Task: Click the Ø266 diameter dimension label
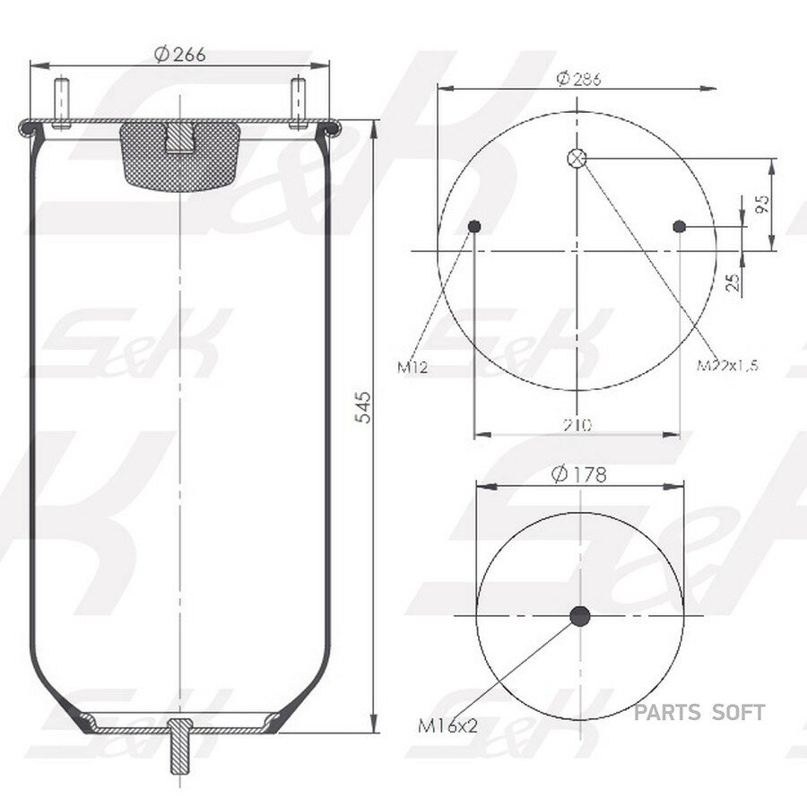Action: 179,54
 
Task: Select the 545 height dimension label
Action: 363,407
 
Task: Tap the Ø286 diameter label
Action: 578,79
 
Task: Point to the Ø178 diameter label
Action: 579,474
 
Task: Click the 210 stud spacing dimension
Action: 577,425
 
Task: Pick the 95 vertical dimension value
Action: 763,204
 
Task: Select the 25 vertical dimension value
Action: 733,282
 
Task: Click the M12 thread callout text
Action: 412,367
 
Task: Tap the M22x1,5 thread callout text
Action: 727,365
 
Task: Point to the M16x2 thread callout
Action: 447,725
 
